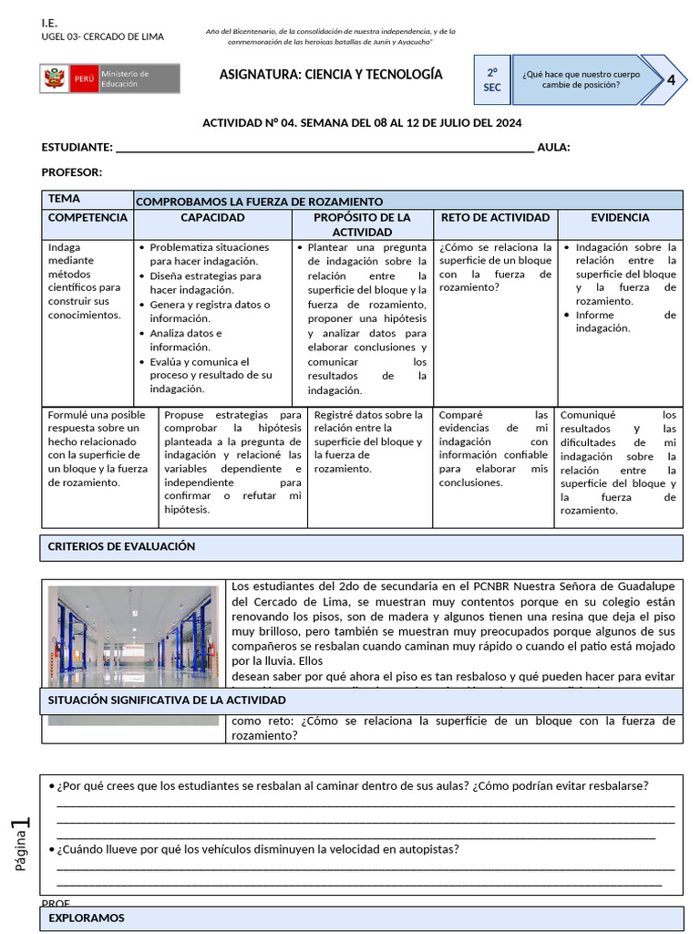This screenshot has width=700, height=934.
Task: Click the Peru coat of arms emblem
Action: pos(54,79)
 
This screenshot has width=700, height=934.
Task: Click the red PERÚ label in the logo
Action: pos(84,79)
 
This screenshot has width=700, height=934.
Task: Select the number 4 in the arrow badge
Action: pos(671,79)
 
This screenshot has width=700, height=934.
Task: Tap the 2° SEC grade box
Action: pos(491,80)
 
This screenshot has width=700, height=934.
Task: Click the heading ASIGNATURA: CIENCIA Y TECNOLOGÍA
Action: pos(331,75)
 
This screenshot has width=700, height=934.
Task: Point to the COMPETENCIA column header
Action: pos(87,218)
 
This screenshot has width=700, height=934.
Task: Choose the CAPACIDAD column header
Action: pos(212,218)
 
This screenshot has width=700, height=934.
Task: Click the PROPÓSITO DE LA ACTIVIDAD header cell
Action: pos(362,224)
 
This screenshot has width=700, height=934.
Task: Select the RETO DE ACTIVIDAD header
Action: pos(495,218)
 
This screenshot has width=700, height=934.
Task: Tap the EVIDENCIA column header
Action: pos(620,218)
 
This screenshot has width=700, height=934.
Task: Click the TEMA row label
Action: pos(64,199)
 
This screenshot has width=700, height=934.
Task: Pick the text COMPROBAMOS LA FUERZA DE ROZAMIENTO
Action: pos(260,202)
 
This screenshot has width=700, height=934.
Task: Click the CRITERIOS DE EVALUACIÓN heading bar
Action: pos(121,546)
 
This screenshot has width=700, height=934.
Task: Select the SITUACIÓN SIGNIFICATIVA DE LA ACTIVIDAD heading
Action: pos(167,700)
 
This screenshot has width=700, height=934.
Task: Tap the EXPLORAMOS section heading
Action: pos(87,918)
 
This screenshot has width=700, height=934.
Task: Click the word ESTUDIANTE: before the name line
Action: pos(77,148)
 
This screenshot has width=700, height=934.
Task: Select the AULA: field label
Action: pos(554,148)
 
